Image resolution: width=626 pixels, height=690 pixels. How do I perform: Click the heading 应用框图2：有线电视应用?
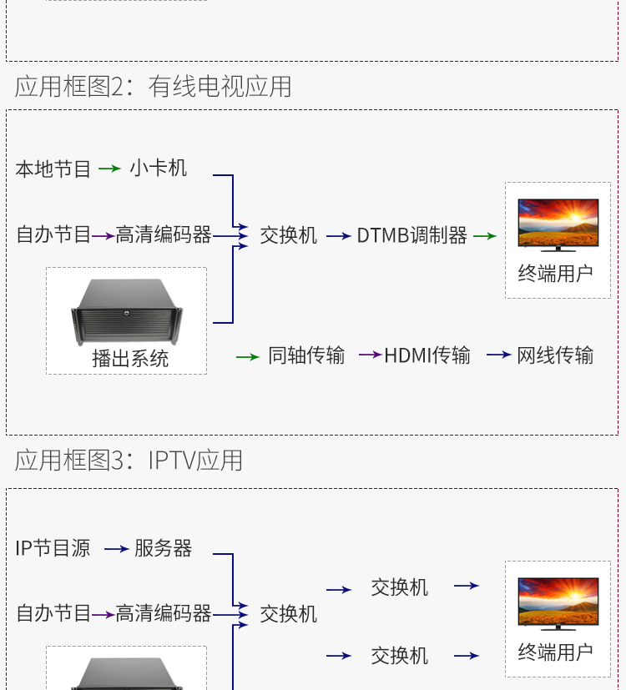(154, 86)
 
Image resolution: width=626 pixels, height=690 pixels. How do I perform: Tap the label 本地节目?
(53, 169)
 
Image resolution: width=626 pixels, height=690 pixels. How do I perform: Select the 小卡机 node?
(159, 169)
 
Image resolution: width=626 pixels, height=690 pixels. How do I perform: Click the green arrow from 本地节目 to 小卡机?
(109, 169)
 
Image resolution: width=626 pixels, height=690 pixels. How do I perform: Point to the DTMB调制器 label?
(411, 236)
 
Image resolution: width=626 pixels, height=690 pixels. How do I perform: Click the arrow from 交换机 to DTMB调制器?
(338, 236)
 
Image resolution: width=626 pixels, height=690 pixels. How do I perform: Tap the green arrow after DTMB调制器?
(485, 236)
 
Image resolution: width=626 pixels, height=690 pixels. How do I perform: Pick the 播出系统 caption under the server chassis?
(130, 359)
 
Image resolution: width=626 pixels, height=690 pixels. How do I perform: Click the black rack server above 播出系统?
(126, 311)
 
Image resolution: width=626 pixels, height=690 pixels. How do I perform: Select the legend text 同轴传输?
(306, 355)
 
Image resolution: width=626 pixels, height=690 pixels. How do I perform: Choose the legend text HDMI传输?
(427, 355)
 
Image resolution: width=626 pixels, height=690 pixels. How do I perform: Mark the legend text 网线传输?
(555, 355)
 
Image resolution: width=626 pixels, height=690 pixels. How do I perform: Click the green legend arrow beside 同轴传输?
(248, 356)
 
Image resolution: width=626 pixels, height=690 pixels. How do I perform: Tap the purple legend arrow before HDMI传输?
(370, 355)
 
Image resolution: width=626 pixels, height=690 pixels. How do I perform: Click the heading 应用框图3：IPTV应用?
(129, 460)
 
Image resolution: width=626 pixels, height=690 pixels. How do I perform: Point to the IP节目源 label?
(53, 548)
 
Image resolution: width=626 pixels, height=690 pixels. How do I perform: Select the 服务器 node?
(164, 548)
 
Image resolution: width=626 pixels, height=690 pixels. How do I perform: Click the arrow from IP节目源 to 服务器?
(116, 549)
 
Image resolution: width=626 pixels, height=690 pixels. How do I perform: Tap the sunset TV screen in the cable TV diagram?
(558, 223)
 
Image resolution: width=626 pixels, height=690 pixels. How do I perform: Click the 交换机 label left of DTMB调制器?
(289, 236)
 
